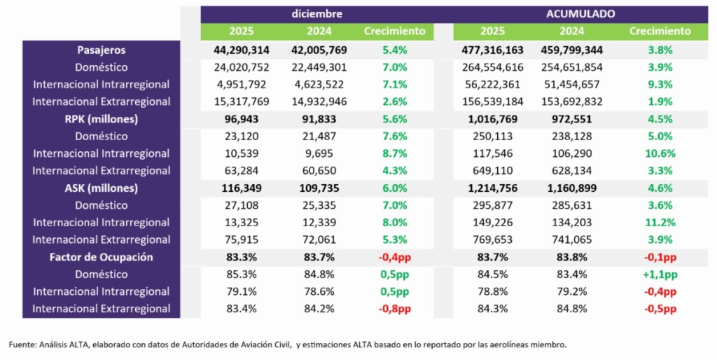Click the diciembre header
317,14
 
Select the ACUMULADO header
580,14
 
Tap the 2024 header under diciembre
319,32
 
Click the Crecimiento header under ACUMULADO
660,32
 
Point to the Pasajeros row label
102,50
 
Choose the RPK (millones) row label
102,119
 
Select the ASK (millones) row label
102,188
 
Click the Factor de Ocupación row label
102,257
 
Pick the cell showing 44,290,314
241,50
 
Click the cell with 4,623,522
319,85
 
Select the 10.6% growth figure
660,153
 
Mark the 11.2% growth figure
660,223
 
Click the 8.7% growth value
394,153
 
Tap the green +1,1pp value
660,275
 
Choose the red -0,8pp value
394,309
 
